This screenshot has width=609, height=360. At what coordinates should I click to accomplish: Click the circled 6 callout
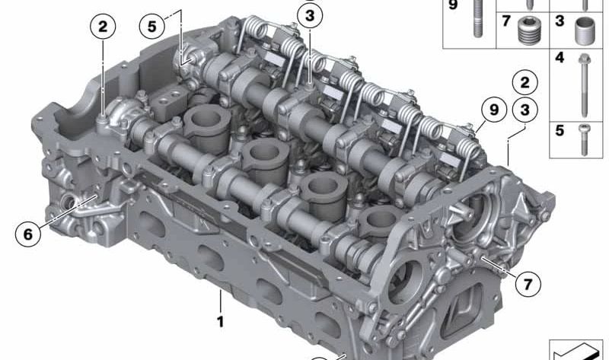(x=28, y=234)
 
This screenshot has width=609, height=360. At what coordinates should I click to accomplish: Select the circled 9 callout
(x=493, y=111)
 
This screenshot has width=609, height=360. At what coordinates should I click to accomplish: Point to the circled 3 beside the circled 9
(x=523, y=111)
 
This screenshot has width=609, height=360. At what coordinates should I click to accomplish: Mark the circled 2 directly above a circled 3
(x=523, y=81)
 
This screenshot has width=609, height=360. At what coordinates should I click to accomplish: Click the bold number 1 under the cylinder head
(x=220, y=322)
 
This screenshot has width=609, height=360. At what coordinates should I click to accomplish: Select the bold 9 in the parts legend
(x=454, y=5)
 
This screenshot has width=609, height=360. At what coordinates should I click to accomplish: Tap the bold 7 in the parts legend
(x=505, y=21)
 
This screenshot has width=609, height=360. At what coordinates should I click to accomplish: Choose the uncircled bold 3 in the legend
(x=560, y=21)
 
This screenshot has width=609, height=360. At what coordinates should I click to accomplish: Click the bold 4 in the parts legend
(x=560, y=57)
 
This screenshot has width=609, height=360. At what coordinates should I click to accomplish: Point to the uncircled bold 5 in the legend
(x=560, y=130)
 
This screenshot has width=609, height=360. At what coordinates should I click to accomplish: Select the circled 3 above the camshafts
(x=308, y=14)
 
